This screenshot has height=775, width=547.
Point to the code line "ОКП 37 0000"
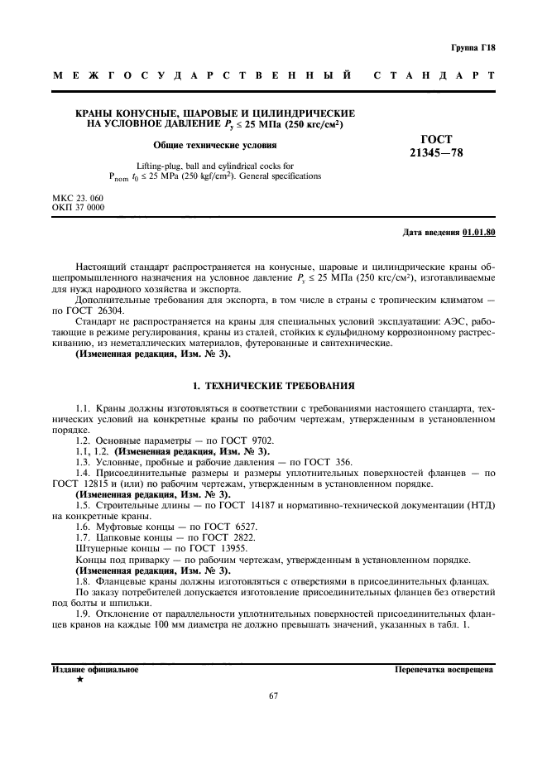(x=78, y=208)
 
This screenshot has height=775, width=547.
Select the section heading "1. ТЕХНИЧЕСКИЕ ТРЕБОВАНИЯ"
(x=273, y=386)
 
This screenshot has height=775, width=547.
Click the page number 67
(x=273, y=696)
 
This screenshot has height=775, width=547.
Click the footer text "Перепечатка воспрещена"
(x=444, y=668)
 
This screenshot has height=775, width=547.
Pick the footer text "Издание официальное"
(x=95, y=668)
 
